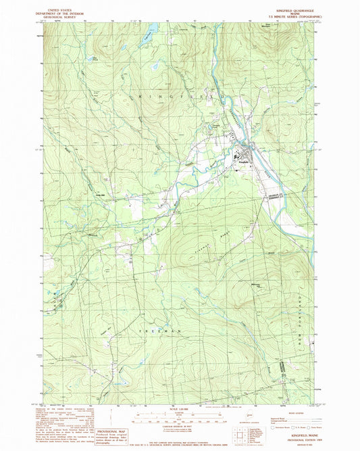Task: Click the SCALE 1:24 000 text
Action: pos(178,408)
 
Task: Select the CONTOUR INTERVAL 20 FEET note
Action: pos(178,427)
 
